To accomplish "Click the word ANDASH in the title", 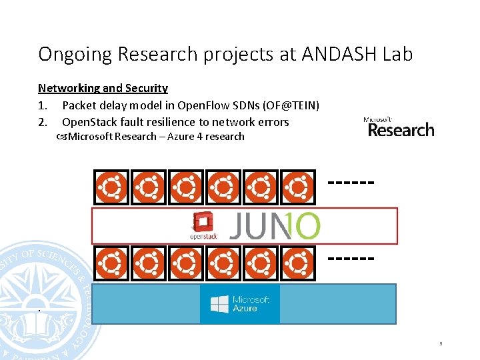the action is coord(338,53).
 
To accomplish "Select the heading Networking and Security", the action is coord(103,88).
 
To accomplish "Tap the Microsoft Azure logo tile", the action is coord(240,304).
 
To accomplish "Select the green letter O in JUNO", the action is coord(305,226).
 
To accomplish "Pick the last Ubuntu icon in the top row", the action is coord(297,187).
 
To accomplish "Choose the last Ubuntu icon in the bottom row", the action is coord(297,263).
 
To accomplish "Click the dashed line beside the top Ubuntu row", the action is coord(351,181).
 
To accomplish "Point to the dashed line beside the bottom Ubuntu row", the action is coord(351,256).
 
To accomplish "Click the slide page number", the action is coord(441,344).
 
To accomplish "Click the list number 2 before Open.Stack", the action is coord(42,122).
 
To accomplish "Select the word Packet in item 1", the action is coord(79,105).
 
